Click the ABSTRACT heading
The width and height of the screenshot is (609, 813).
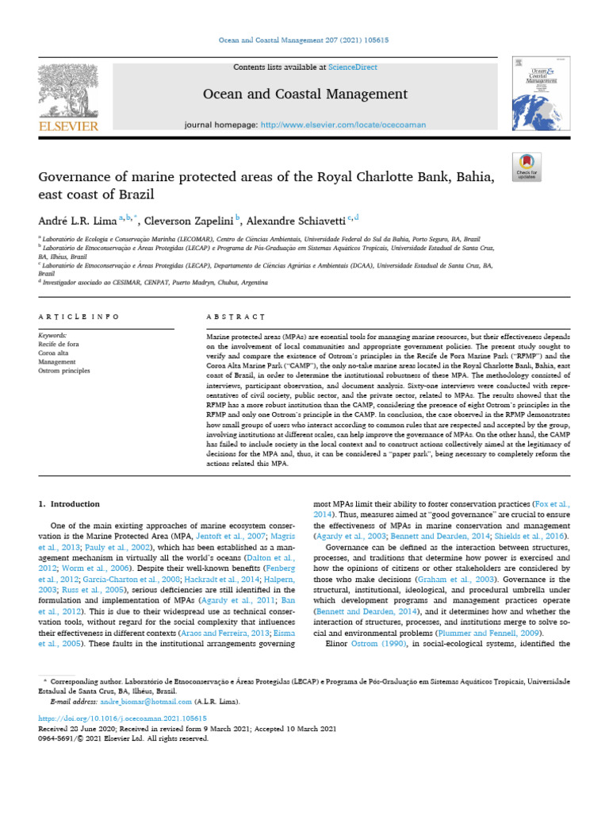235,317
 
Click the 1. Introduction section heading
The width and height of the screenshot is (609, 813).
69,504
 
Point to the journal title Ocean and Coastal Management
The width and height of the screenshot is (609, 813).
305,94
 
